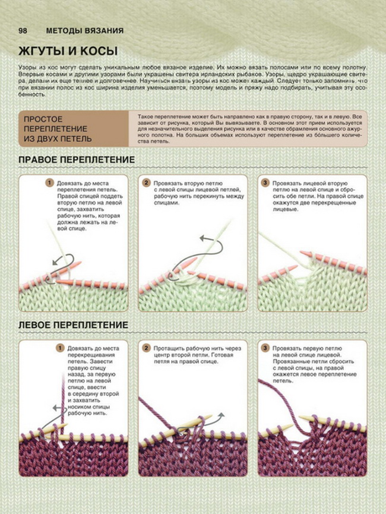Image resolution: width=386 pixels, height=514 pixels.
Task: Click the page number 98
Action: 23,31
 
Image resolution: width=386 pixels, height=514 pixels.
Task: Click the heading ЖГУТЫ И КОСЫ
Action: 68,51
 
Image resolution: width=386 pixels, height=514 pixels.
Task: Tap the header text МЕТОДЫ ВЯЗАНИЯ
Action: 85,31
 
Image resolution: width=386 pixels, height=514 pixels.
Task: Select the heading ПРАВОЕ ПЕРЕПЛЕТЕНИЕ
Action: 77,160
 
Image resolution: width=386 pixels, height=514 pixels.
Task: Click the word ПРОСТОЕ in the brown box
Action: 43,119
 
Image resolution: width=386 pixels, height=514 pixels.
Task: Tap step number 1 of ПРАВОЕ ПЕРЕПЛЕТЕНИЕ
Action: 49,182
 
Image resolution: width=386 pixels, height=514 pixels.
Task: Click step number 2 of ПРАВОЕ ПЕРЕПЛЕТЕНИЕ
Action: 146,182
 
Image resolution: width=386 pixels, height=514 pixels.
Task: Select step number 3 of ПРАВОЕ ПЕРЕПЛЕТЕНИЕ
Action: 265,182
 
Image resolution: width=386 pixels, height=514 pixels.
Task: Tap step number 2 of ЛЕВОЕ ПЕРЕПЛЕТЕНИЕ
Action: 146,348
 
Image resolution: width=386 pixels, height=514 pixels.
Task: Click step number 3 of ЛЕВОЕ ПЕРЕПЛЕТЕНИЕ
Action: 265,348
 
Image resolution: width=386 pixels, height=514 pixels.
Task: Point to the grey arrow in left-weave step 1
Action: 58,408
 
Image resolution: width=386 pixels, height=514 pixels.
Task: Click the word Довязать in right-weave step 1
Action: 69,183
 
